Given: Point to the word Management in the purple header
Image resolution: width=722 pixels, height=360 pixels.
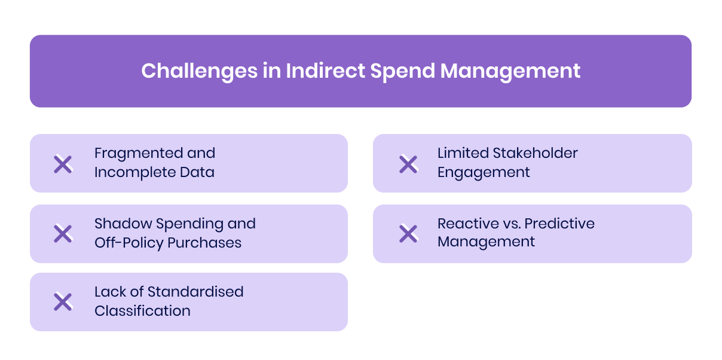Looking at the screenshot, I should coord(510,71).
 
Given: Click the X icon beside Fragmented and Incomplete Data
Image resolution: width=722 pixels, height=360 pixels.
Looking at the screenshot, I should coord(63,164).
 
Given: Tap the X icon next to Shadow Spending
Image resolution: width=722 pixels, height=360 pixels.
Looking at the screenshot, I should coord(63,234).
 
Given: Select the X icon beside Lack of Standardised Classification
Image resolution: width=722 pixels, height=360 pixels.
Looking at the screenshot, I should coord(63,302).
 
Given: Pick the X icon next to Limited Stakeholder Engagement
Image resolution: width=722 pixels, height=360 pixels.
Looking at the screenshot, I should coord(408,164).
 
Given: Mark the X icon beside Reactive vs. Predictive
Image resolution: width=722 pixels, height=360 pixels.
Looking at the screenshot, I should coord(408,234).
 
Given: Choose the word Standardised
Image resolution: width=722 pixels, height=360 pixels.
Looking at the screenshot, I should coord(195,292).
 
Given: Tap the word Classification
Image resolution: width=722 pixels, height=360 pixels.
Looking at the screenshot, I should coord(142,311).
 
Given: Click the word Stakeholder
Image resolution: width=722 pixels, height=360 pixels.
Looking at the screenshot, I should coord(534,153).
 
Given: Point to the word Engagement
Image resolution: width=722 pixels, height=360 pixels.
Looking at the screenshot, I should coord(484,173).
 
